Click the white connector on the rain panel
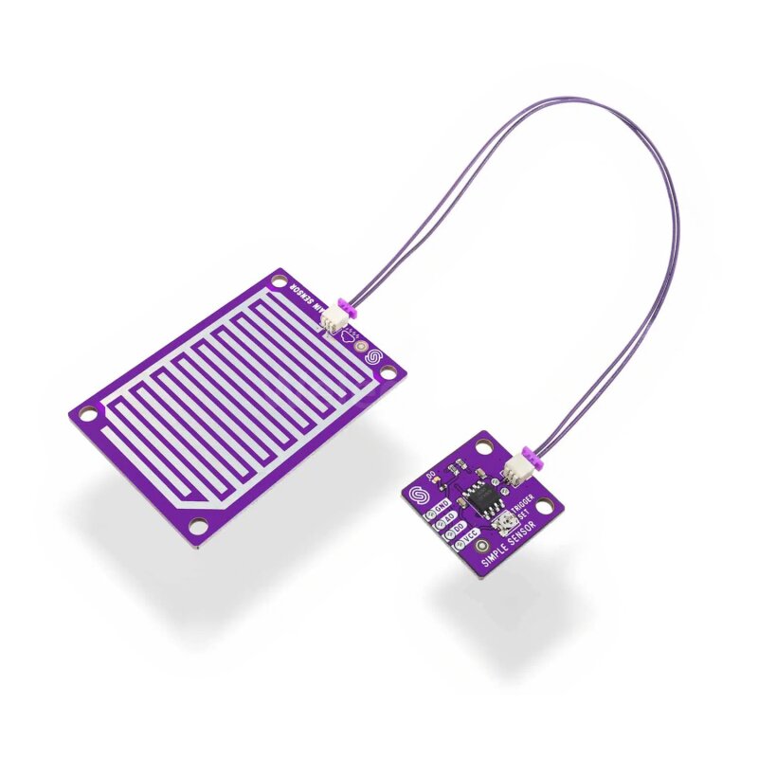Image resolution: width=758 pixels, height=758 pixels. pyautogui.click(x=333, y=322)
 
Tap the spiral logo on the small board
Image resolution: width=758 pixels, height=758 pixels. pyautogui.click(x=418, y=495)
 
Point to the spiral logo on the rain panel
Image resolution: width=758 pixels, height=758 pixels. pyautogui.click(x=371, y=360)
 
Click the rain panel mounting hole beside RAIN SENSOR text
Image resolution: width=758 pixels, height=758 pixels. pyautogui.click(x=278, y=281)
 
